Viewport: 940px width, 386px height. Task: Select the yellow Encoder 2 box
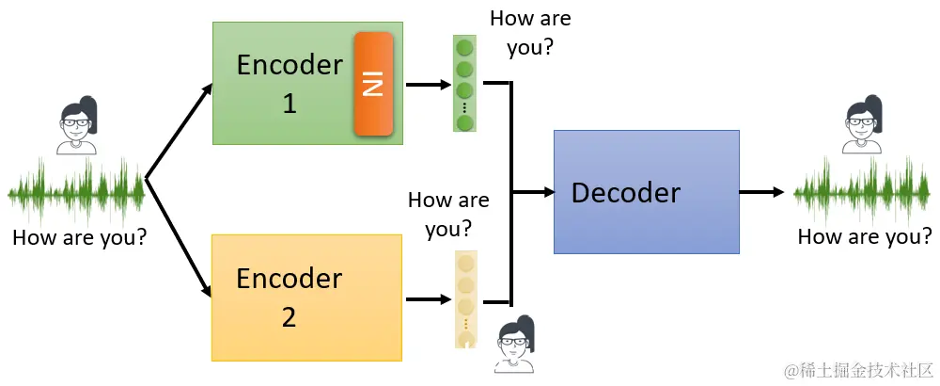click(x=306, y=298)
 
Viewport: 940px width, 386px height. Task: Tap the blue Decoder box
click(x=647, y=191)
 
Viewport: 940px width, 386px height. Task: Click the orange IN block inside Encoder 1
click(x=373, y=84)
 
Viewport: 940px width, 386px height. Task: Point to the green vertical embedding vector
click(x=464, y=84)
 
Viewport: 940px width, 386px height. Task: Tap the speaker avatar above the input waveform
click(x=76, y=125)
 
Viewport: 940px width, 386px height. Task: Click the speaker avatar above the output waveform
click(x=862, y=124)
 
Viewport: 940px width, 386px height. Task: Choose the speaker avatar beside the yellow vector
click(x=515, y=346)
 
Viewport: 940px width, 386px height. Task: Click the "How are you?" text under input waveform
click(x=80, y=238)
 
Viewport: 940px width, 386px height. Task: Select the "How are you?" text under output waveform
click(x=865, y=237)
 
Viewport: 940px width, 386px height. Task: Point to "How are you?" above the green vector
click(x=530, y=33)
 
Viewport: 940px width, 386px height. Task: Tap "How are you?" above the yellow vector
click(x=448, y=215)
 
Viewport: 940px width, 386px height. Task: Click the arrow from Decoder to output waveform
click(x=762, y=192)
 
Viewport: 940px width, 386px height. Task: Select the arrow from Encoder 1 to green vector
click(x=428, y=84)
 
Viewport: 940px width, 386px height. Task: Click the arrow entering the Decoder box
click(x=533, y=192)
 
